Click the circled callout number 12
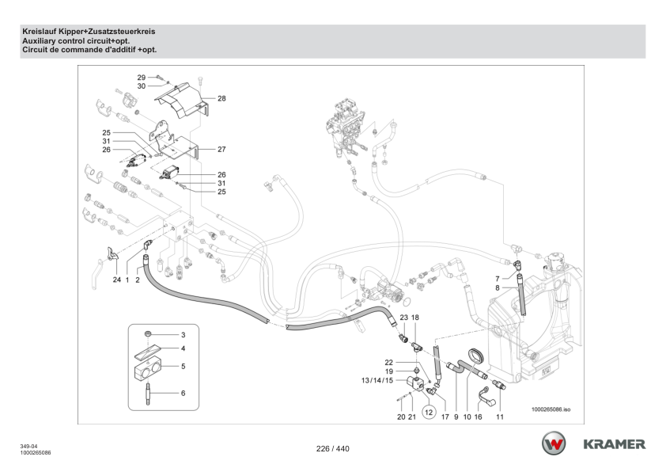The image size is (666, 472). click(x=429, y=412)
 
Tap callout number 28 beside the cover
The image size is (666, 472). click(x=221, y=98)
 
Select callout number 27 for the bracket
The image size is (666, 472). click(x=221, y=148)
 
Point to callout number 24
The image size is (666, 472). click(x=116, y=280)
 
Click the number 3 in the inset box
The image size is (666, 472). click(x=183, y=336)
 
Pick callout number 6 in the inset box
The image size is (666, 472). click(x=183, y=393)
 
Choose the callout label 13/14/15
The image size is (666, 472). click(x=376, y=380)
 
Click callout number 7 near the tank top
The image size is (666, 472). click(x=497, y=278)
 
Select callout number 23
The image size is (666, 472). click(x=403, y=317)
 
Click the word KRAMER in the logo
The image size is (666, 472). click(x=615, y=443)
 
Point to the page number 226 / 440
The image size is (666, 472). click(x=332, y=449)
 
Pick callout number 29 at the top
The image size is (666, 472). click(x=141, y=77)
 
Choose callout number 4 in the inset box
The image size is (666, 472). click(x=183, y=348)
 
